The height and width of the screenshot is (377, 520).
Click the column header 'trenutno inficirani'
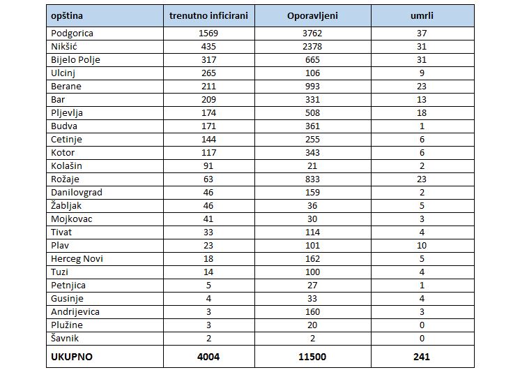208,15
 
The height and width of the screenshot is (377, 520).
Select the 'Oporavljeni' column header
312,15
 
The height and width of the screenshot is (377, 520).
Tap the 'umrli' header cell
422,15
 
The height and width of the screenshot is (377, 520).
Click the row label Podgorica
72,34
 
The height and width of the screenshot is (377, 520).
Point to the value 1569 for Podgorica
208,34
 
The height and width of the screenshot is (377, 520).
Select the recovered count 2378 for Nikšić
312,47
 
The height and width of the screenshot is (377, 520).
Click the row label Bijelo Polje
75,60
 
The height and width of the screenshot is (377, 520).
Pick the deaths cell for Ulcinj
422,73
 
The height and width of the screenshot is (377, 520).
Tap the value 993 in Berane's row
312,87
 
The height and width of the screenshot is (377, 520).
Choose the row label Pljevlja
67,113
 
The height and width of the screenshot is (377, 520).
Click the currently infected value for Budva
208,126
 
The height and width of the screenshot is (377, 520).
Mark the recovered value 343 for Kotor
312,153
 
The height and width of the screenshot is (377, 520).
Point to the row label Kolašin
66,165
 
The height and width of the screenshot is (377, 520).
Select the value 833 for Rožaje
312,179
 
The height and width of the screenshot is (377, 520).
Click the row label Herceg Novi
77,259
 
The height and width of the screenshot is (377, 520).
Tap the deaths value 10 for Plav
422,246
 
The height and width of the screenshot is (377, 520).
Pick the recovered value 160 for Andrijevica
312,312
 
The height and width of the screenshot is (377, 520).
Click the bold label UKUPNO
72,357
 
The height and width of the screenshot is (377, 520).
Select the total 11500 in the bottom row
312,357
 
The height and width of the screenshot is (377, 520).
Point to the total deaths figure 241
422,357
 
